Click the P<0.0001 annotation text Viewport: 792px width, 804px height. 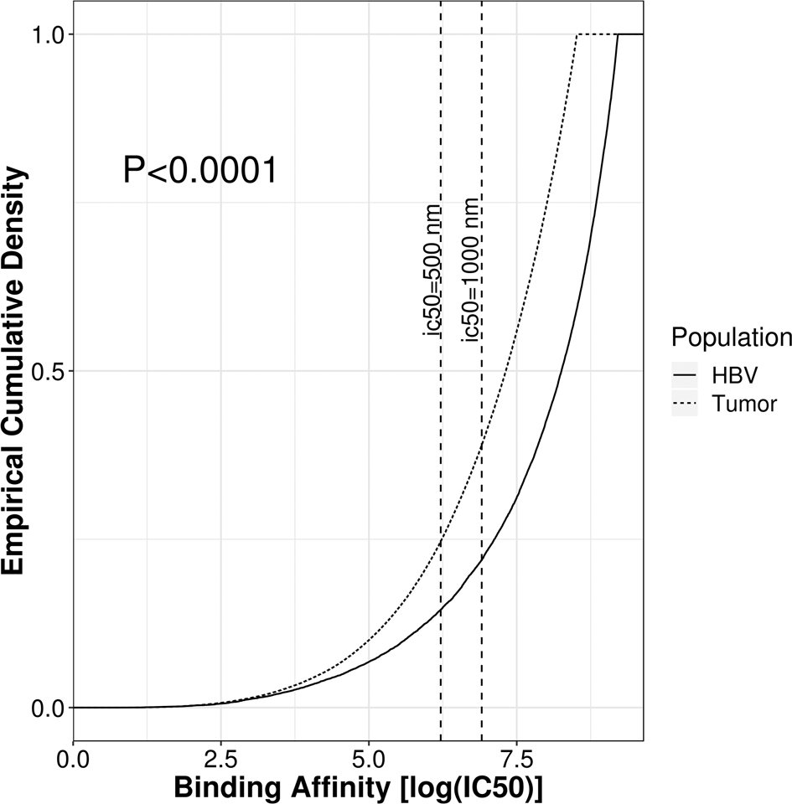pos(199,171)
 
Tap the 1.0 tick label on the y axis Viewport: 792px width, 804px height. pos(49,34)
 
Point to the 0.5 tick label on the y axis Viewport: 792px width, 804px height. pos(49,371)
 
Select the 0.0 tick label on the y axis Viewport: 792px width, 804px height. pos(49,708)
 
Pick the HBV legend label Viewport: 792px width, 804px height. pos(736,374)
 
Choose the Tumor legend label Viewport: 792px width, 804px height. pos(744,404)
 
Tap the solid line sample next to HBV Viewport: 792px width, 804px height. pos(686,374)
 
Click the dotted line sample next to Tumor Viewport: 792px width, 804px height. pos(686,404)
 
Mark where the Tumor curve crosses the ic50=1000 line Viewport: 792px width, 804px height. pos(481,443)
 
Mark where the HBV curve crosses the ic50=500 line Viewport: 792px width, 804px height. pos(441,611)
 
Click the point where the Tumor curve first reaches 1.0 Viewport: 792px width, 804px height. pos(577,34)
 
